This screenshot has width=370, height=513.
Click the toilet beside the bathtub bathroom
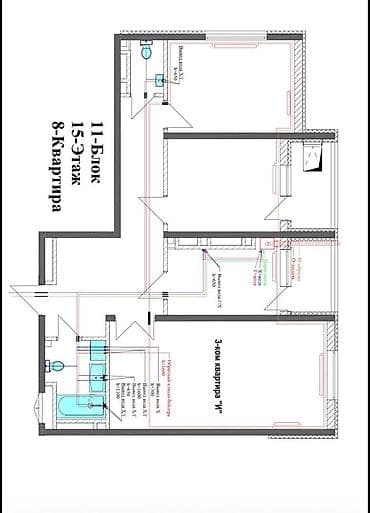click(x=60, y=365)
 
